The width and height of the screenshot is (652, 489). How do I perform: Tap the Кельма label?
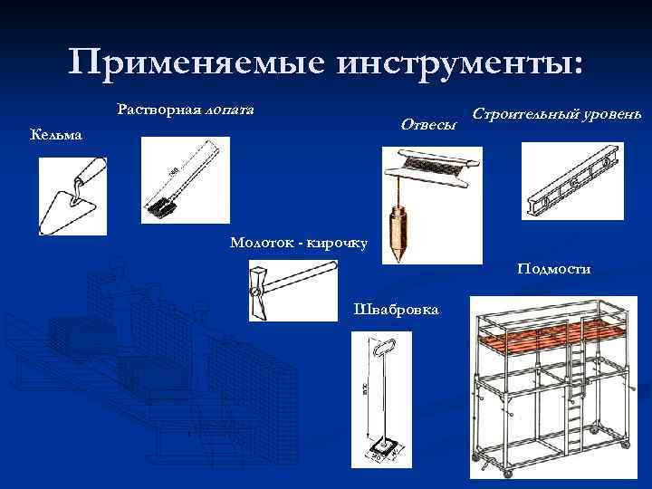(56, 136)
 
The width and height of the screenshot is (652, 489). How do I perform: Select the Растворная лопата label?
(186, 110)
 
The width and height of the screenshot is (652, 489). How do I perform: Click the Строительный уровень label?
(557, 117)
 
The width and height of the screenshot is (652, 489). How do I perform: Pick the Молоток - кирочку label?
(298, 243)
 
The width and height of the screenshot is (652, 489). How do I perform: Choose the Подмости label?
(554, 268)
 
